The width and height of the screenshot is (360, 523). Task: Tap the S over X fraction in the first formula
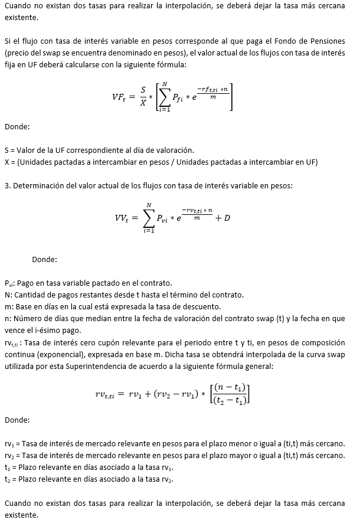143,96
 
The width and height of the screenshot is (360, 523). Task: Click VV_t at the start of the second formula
125,218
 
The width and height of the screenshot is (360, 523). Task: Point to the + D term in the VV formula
222,218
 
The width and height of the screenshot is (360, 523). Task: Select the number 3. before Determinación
7,186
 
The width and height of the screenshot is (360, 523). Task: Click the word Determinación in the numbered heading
38,186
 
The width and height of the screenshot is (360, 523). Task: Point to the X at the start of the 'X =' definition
6,162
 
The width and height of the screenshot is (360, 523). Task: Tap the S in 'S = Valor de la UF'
6,150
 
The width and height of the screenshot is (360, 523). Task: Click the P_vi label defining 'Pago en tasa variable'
9,283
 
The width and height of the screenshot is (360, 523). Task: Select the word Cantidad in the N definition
30,295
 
